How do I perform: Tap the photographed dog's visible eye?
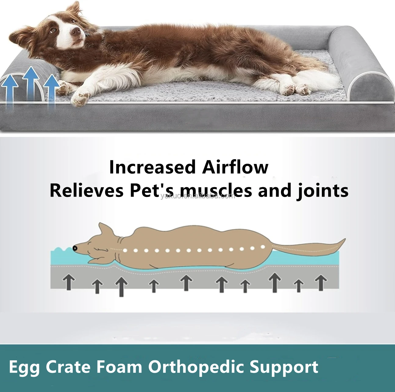(x=54, y=30)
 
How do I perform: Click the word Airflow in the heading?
(x=235, y=167)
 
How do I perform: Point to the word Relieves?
(x=87, y=191)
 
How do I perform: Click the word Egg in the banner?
(x=24, y=367)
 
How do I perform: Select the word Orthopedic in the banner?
(x=196, y=367)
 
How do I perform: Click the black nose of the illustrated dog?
(x=75, y=248)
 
